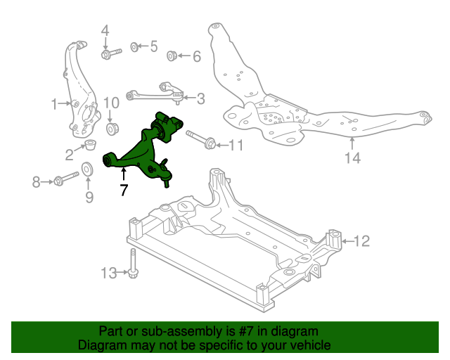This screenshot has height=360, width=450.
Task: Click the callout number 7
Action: [124, 189]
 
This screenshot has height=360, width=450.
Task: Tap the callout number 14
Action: [352, 158]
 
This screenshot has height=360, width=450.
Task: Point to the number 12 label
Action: [361, 242]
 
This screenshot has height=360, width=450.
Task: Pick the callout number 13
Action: [109, 273]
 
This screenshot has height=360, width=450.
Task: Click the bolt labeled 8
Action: [65, 180]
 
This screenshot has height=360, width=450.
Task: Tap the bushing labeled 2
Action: [89, 146]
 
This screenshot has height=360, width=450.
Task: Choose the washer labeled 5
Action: [134, 46]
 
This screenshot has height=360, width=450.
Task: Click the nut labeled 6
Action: [171, 56]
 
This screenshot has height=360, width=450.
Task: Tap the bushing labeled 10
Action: [111, 129]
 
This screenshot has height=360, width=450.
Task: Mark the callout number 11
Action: [234, 146]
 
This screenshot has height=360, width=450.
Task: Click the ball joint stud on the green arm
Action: [167, 179]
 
